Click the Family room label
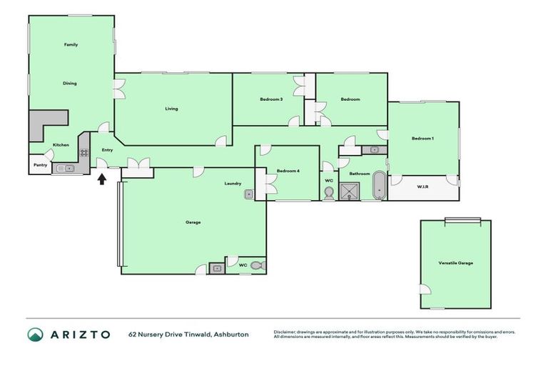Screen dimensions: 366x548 71,44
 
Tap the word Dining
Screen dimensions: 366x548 70,83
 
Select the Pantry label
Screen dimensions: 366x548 40,165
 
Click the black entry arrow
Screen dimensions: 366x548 101,178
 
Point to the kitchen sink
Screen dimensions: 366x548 65,169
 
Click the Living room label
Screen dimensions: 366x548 171,109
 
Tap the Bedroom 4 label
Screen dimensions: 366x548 288,171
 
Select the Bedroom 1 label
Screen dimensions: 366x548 422,137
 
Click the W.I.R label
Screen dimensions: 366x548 422,187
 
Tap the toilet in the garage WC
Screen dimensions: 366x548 260,265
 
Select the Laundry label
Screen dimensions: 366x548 233,183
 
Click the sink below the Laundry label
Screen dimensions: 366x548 249,194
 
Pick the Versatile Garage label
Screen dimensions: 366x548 455,263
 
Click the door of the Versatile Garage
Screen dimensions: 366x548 425,289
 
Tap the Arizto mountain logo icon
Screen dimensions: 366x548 36,335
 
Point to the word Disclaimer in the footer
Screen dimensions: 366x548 287,332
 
